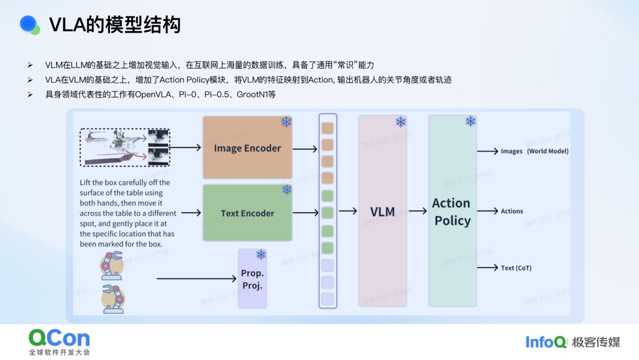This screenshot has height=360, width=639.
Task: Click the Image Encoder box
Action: click(247, 148)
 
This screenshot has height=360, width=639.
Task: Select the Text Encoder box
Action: click(247, 213)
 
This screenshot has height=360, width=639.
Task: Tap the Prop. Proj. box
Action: click(253, 279)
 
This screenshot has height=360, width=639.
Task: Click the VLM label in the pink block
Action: click(382, 211)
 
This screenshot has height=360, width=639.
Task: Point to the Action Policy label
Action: click(451, 212)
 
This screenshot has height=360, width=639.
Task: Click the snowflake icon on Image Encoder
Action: click(286, 122)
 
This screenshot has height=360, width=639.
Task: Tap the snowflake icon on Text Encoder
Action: click(286, 189)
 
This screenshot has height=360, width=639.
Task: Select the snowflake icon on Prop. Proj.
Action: click(261, 255)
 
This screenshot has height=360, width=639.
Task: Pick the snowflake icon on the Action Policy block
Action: click(470, 121)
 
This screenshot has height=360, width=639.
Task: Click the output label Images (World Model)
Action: click(534, 151)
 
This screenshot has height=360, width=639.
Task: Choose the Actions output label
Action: click(512, 211)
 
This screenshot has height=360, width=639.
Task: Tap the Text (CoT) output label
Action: click(516, 268)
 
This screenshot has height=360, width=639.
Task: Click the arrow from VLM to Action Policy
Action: click(418, 211)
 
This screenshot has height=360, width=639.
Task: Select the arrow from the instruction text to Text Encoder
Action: click(191, 213)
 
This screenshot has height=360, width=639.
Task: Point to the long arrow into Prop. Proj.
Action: click(195, 278)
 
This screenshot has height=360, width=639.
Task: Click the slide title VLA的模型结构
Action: click(115, 25)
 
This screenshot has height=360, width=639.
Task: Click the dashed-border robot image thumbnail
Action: click(125, 147)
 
